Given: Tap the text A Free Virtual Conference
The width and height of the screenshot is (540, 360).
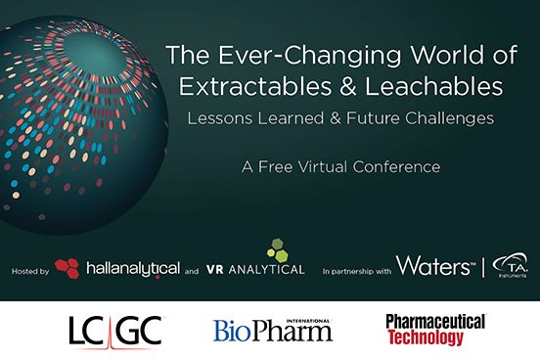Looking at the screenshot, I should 334,166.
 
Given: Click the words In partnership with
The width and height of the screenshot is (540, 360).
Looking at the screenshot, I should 358,267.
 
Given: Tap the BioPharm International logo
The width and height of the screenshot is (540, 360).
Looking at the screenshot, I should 273,329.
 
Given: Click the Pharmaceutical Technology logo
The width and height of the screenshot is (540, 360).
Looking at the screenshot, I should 434,328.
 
